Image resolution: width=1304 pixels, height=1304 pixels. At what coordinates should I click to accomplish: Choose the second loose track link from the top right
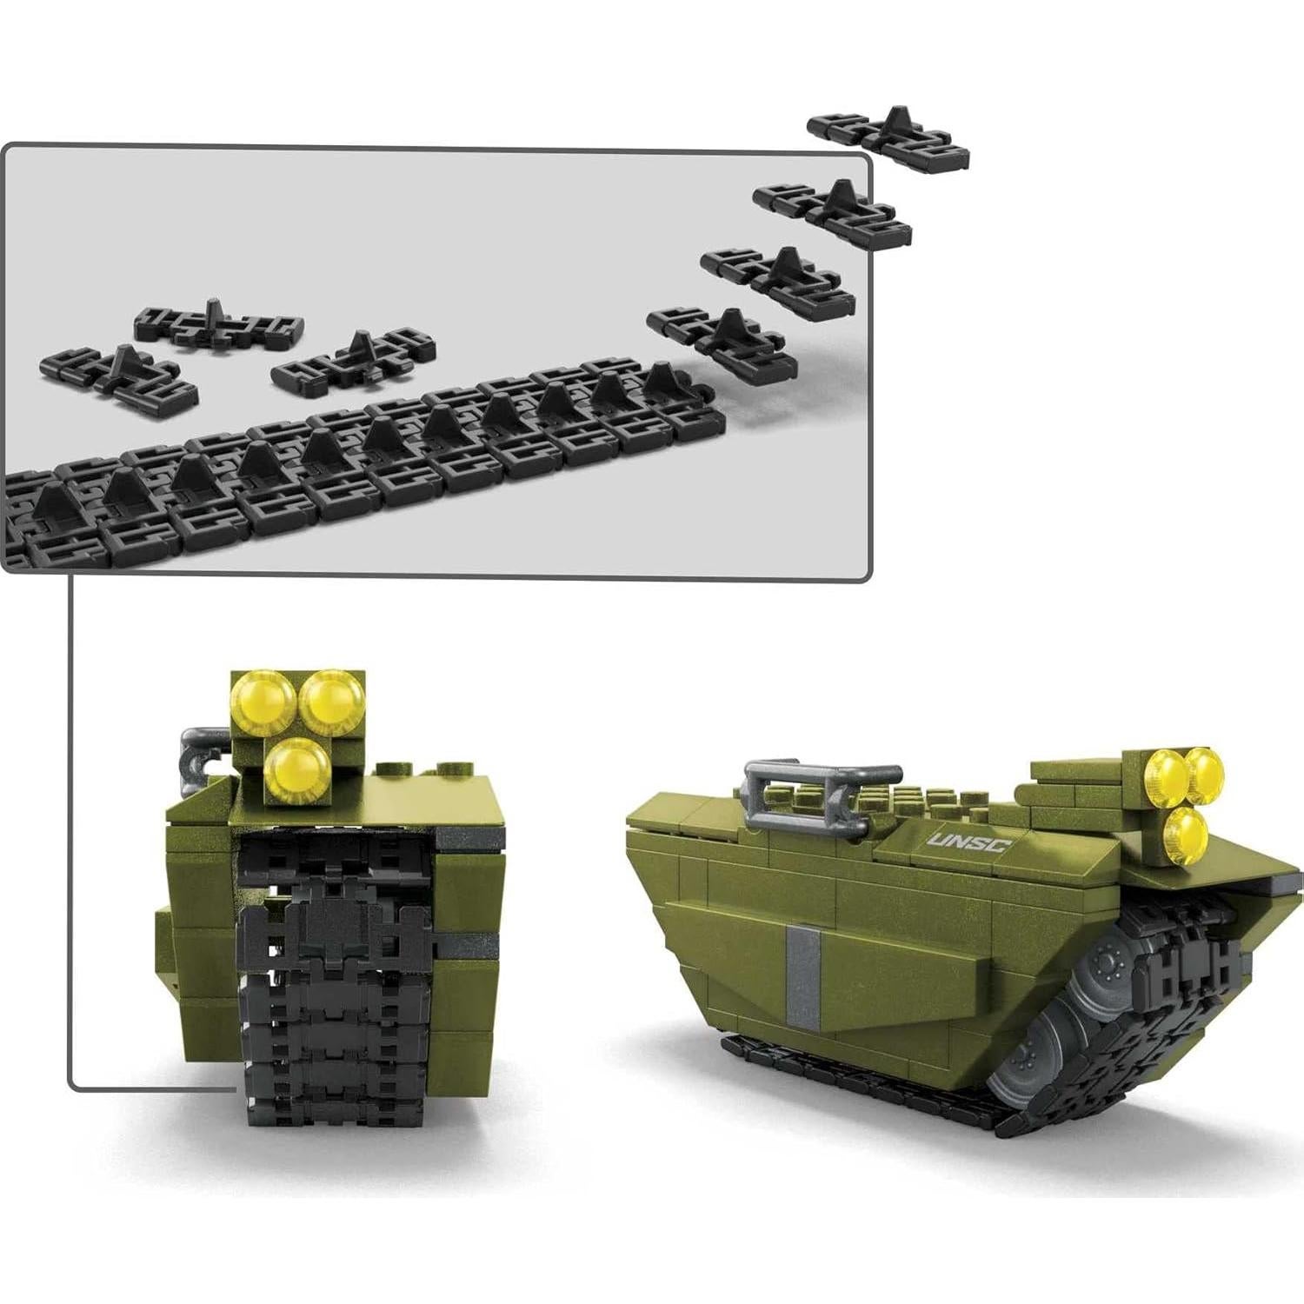833,211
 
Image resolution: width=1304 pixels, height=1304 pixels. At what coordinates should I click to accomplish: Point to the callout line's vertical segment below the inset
70,826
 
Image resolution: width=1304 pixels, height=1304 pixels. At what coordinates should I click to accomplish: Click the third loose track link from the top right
779,278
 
